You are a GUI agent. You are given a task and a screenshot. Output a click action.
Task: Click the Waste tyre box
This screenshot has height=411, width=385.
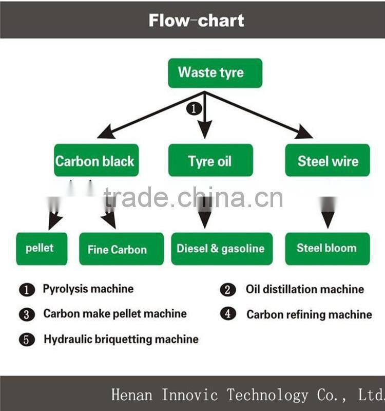[215, 72]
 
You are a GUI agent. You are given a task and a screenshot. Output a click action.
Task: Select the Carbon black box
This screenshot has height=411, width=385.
[96, 160]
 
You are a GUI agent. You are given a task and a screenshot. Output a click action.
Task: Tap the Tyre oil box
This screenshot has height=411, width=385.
[210, 160]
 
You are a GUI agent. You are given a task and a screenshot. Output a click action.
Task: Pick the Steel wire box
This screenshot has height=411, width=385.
[328, 160]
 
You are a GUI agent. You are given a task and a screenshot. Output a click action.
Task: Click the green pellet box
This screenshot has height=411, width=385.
[41, 249]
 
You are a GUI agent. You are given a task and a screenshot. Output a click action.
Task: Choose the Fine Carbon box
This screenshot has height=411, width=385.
[121, 249]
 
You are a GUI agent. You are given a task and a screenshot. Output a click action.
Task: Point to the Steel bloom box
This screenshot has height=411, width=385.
[327, 249]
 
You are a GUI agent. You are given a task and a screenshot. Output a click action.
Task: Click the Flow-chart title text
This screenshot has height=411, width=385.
[197, 20]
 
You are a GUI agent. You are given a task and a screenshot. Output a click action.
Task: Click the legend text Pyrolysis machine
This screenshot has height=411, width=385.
[88, 289]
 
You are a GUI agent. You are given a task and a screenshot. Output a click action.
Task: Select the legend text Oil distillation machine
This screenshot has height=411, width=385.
[304, 289]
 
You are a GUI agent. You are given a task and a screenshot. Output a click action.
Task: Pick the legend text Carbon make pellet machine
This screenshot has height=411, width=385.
[114, 313]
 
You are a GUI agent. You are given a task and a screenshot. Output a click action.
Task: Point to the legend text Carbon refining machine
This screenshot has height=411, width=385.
[309, 314]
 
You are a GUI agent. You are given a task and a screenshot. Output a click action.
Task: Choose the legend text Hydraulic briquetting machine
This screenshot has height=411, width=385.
[121, 339]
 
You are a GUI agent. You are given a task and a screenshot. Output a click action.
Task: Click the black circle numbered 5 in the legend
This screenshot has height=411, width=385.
[26, 340]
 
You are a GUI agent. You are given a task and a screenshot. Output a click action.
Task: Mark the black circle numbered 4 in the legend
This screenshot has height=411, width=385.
[228, 314]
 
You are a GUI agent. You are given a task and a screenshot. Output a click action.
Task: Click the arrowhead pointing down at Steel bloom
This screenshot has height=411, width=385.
[328, 221]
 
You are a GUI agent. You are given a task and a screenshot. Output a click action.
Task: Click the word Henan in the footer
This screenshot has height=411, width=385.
[131, 395]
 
